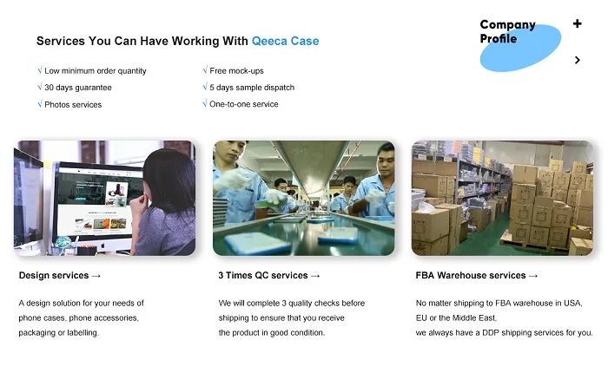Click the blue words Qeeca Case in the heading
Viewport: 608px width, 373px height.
[286, 41]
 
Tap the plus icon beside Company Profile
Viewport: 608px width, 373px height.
[577, 23]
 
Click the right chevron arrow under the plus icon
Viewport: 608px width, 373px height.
[578, 60]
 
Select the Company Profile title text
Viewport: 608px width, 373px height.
[507, 31]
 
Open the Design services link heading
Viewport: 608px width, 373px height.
[60, 275]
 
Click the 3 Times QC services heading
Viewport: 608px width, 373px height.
[269, 275]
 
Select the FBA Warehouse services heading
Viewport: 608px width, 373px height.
[477, 275]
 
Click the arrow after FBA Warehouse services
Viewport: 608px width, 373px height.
[533, 276]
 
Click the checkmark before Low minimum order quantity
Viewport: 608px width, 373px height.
[40, 69]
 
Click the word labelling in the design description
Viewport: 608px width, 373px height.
[83, 333]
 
